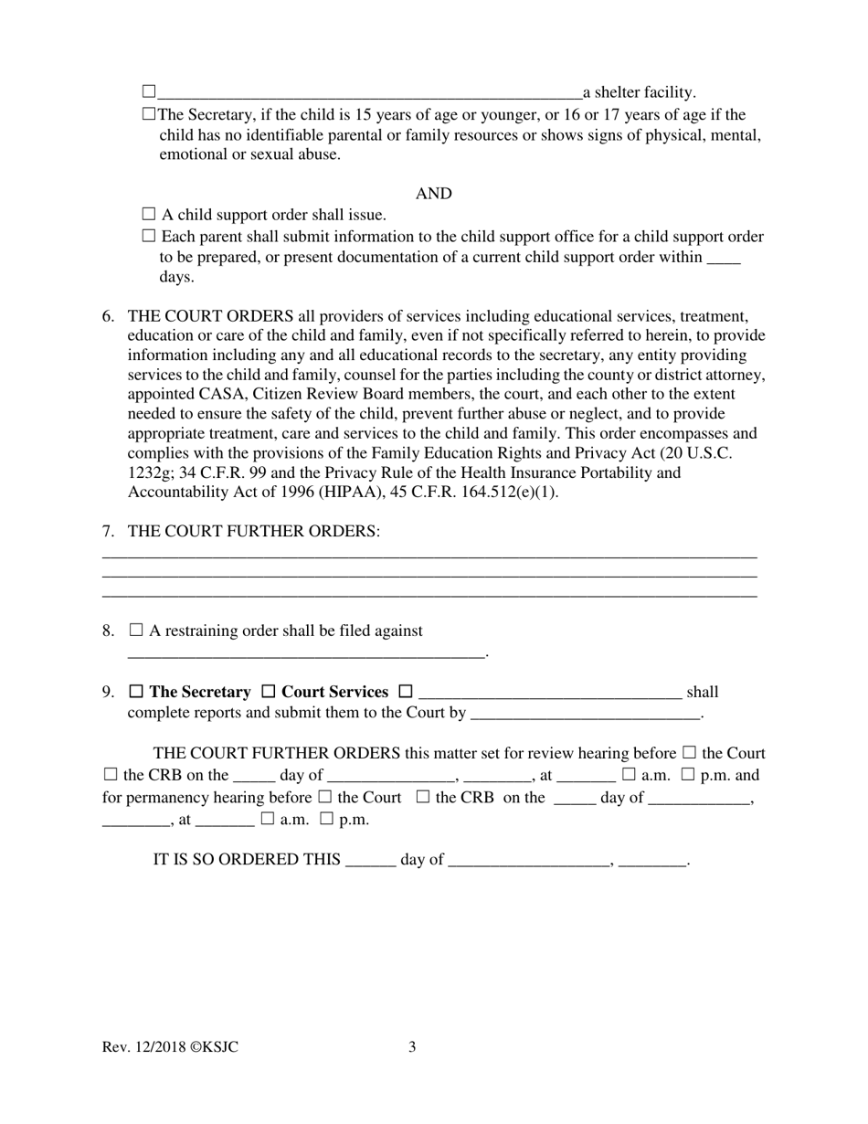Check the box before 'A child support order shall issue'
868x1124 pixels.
150,215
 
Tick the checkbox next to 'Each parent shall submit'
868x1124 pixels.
150,237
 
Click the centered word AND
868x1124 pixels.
434,194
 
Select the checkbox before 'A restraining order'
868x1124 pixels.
136,631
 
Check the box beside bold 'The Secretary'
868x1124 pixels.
137,692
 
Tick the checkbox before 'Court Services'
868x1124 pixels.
270,692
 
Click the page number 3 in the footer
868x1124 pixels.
412,1047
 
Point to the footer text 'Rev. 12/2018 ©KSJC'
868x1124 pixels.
171,1047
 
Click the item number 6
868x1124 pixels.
108,316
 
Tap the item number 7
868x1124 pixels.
108,531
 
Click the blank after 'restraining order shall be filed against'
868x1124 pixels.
306,653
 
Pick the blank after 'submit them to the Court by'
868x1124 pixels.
585,714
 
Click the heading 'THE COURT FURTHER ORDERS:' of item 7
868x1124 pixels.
254,531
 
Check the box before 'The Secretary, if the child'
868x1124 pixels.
150,115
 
